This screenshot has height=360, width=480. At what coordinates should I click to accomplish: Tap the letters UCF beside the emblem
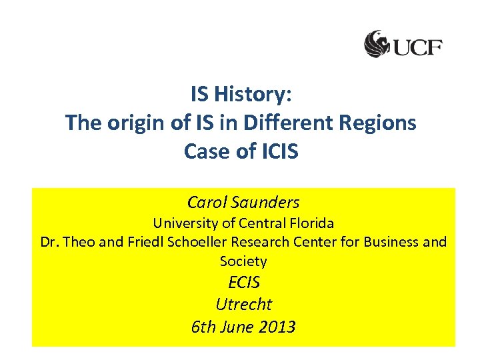(417, 47)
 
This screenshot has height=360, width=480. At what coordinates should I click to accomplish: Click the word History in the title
(257, 95)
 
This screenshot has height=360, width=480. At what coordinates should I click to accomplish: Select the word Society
(243, 261)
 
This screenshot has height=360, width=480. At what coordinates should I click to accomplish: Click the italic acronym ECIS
(243, 282)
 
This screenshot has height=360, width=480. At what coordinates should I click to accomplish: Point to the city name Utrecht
(243, 304)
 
